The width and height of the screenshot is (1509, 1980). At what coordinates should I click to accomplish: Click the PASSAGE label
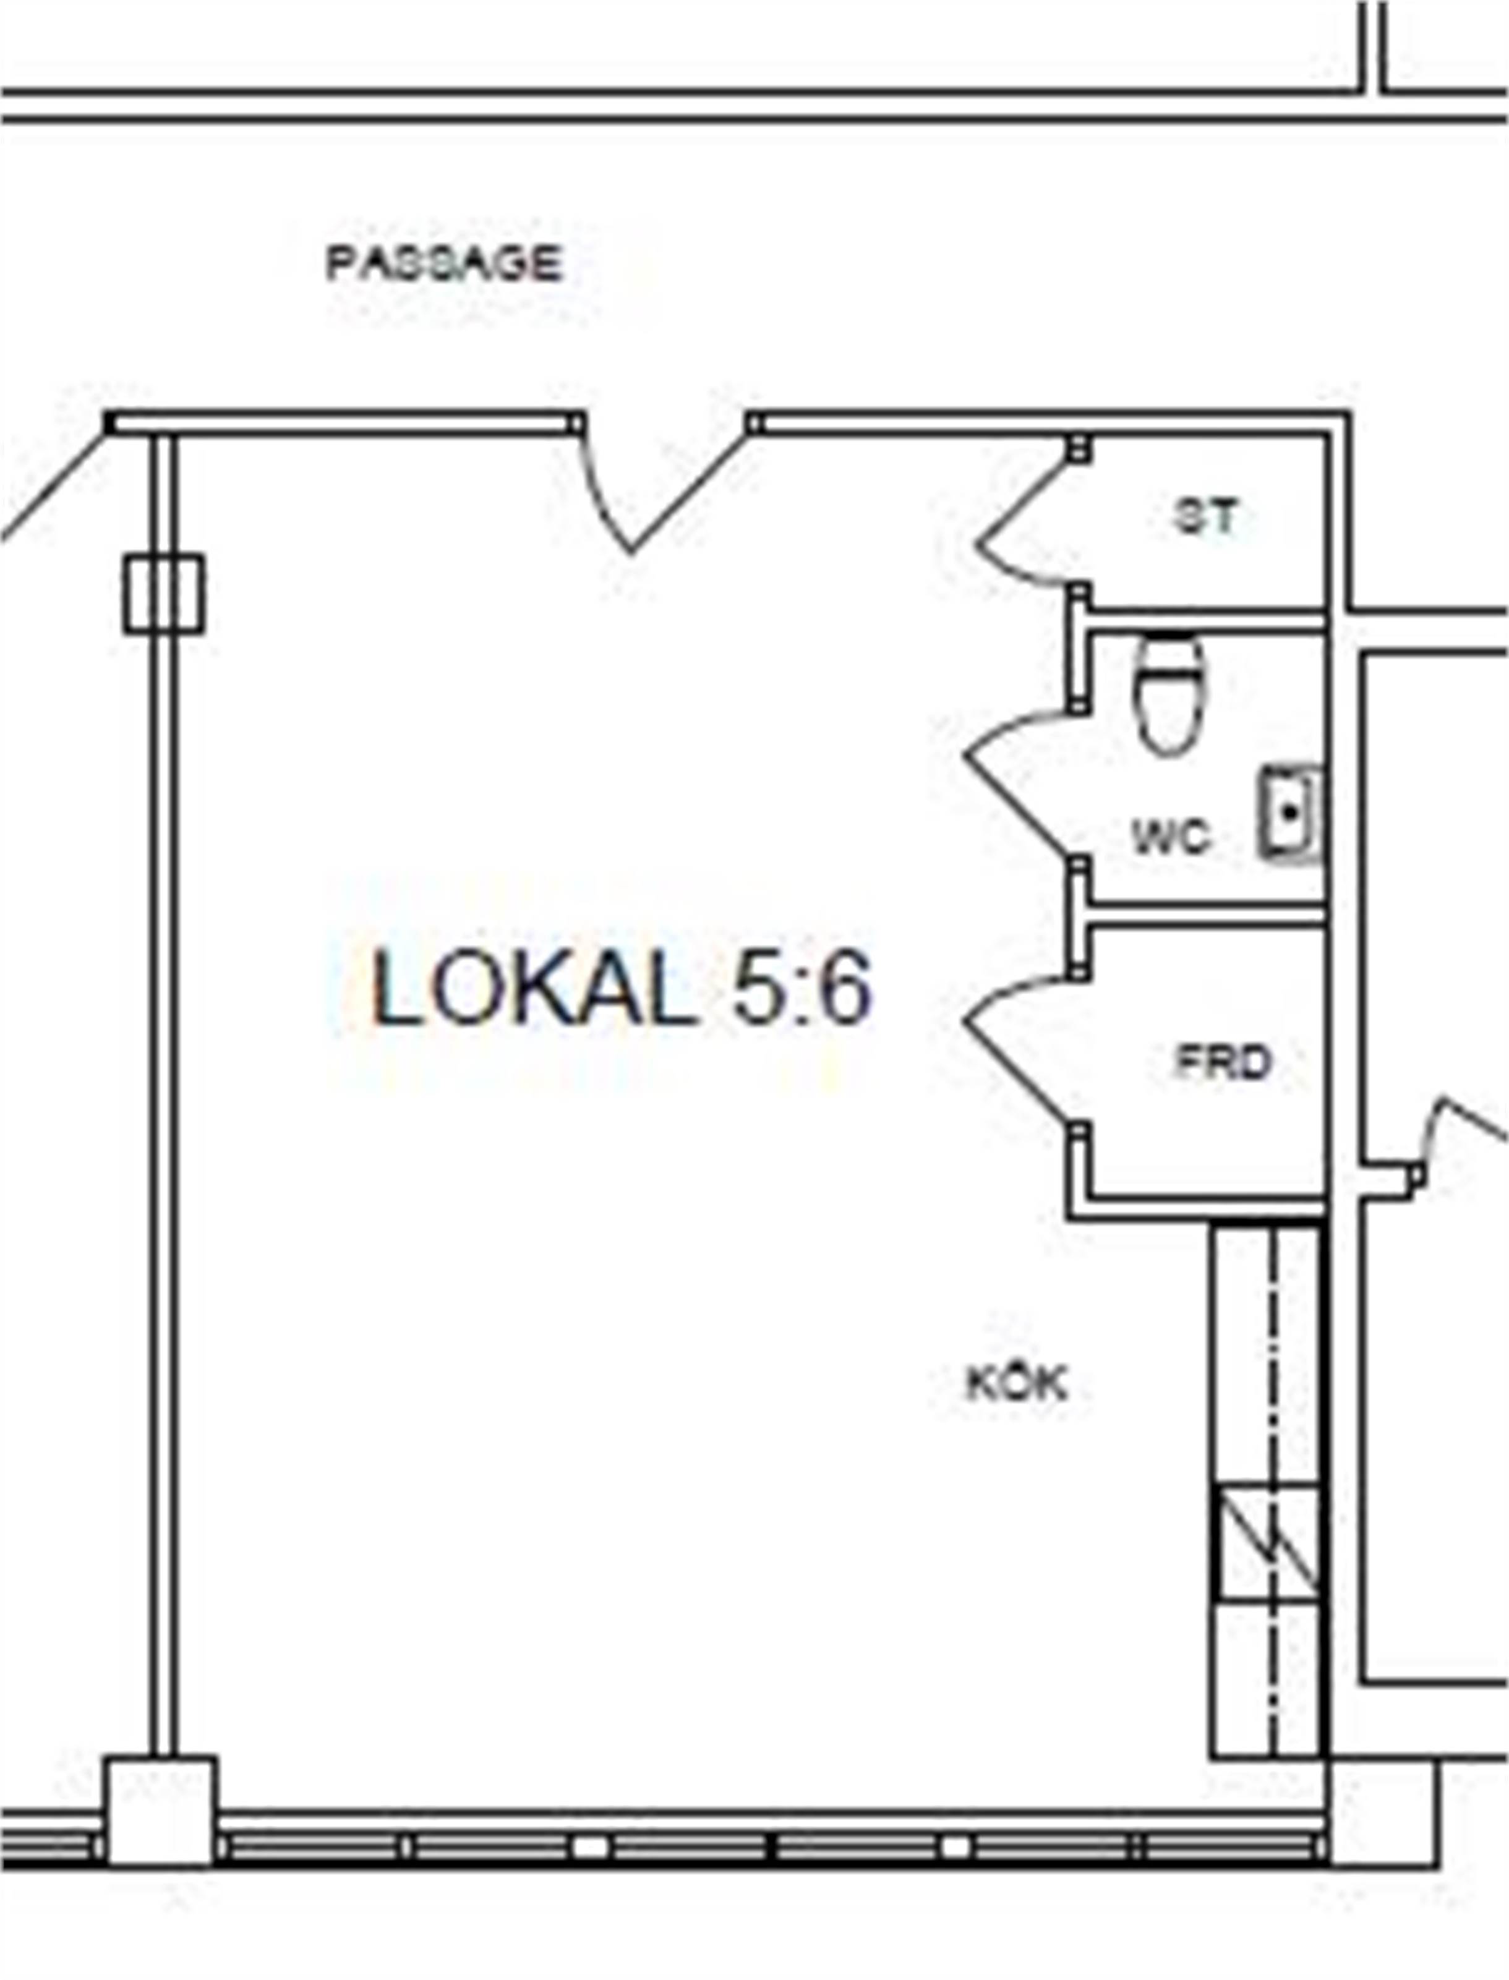(443, 263)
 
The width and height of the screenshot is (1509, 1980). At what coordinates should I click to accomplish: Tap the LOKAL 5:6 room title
(622, 989)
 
